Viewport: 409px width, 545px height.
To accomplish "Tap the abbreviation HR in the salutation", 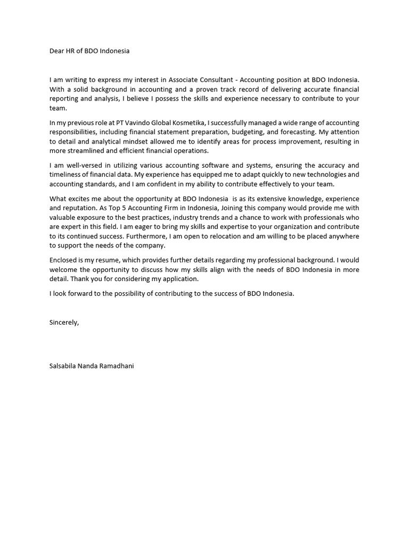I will pos(72,51).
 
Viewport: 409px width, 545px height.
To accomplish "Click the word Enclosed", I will pos(63,260).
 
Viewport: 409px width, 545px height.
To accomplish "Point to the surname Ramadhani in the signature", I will pos(117,366).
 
